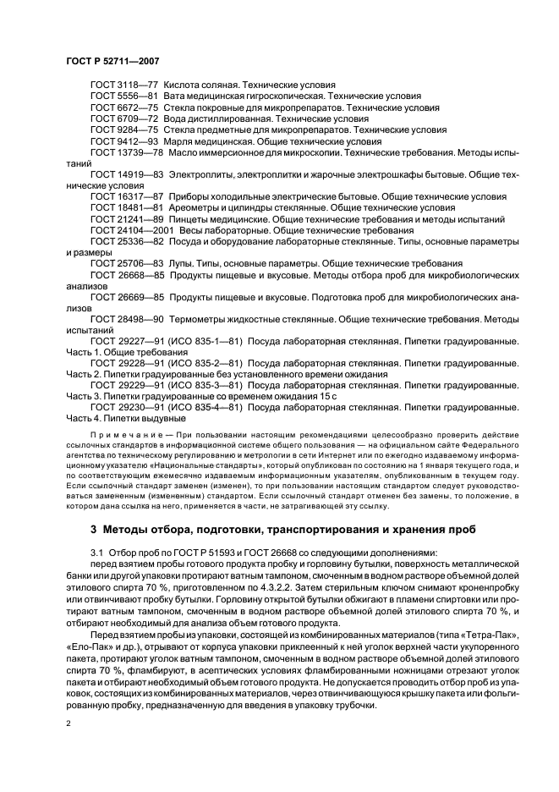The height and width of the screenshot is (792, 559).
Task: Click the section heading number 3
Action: tap(93, 530)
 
